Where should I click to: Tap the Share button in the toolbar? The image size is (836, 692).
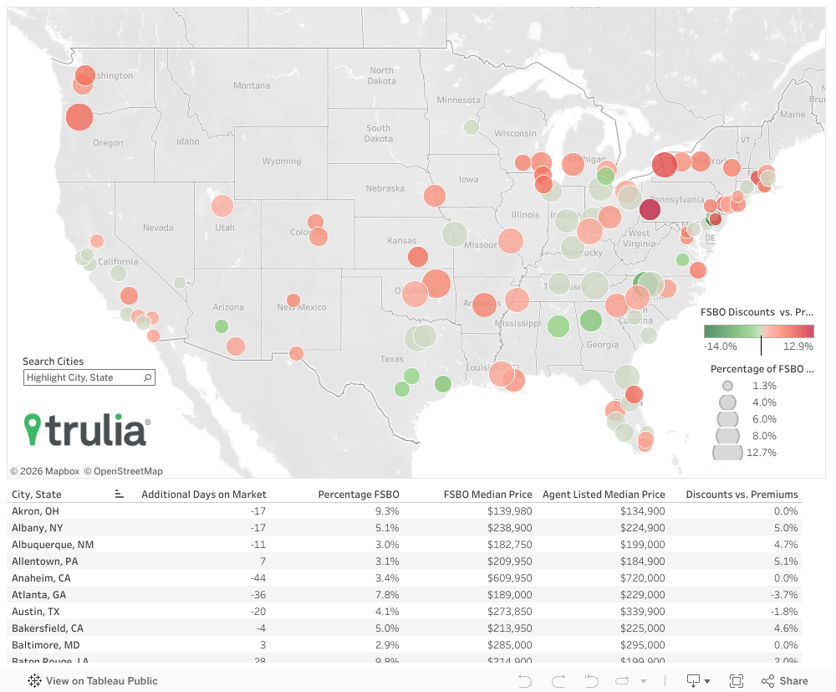785,680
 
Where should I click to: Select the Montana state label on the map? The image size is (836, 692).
251,85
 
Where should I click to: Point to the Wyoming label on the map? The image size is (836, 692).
281,161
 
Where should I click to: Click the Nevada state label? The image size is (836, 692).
158,228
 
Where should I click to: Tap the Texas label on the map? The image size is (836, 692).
391,359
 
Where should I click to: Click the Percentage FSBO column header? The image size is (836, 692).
358,495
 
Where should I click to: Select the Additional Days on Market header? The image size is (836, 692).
204,495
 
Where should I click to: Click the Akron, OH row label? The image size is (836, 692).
36,511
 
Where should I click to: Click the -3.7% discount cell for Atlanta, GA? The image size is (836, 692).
783,595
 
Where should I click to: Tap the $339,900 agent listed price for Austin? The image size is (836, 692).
642,612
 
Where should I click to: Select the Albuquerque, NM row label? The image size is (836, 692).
53,545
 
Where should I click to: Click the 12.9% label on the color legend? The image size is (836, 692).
798,346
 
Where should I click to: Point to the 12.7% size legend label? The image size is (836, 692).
764,453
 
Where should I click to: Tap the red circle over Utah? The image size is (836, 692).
222,205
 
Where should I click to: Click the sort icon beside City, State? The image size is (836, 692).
120,495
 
